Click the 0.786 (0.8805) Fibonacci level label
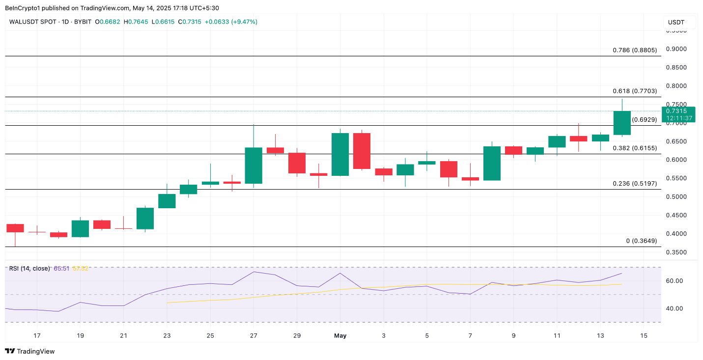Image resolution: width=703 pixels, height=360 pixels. pyautogui.click(x=635, y=50)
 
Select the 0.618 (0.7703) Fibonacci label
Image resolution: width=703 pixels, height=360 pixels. pyautogui.click(x=635, y=91)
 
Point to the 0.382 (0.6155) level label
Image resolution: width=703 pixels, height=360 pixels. pyautogui.click(x=635, y=148)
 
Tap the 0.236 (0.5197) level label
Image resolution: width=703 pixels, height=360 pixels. pyautogui.click(x=635, y=183)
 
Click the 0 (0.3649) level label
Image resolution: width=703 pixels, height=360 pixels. pyautogui.click(x=641, y=241)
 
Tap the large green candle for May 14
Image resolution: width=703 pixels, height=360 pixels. pyautogui.click(x=622, y=123)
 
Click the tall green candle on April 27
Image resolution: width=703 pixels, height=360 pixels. pyautogui.click(x=253, y=165)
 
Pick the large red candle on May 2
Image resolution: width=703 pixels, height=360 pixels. pyautogui.click(x=362, y=151)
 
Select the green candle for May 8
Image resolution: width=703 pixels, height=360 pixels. pyautogui.click(x=492, y=163)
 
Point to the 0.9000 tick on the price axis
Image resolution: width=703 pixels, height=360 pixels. pyautogui.click(x=676, y=49)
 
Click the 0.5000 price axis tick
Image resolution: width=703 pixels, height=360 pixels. pyautogui.click(x=676, y=196)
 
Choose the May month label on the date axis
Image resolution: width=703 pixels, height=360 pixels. pyautogui.click(x=340, y=336)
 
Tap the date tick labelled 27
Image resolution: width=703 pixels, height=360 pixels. pyautogui.click(x=253, y=336)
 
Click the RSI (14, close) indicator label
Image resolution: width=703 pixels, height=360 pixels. pyautogui.click(x=29, y=269)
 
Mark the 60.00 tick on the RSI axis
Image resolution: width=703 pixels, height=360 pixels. pyautogui.click(x=674, y=281)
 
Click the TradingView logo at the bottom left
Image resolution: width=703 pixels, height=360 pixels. pyautogui.click(x=30, y=351)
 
